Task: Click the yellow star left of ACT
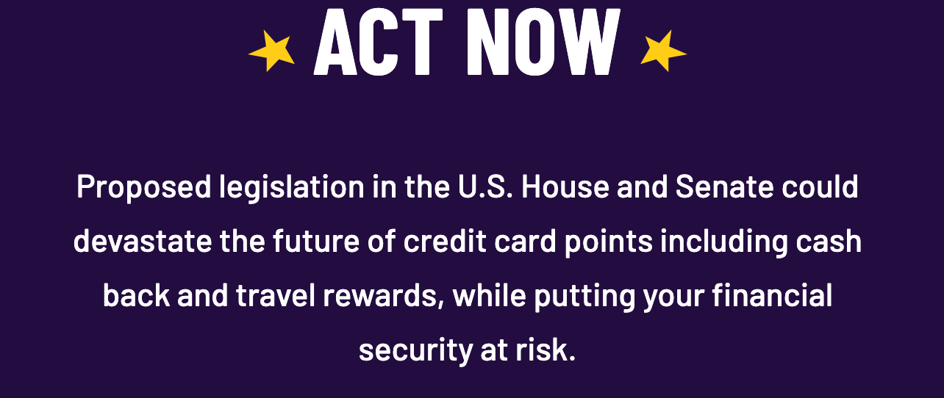[271, 51]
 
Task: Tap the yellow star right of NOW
[663, 51]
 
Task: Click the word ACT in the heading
[378, 42]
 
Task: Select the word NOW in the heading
[543, 42]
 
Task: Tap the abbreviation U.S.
[485, 187]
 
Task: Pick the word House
[565, 187]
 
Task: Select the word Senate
[725, 187]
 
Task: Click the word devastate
[143, 241]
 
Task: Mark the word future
[316, 241]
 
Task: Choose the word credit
[445, 241]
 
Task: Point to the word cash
[829, 241]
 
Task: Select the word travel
[276, 295]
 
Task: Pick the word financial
[773, 295]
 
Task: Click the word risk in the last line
[546, 349]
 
